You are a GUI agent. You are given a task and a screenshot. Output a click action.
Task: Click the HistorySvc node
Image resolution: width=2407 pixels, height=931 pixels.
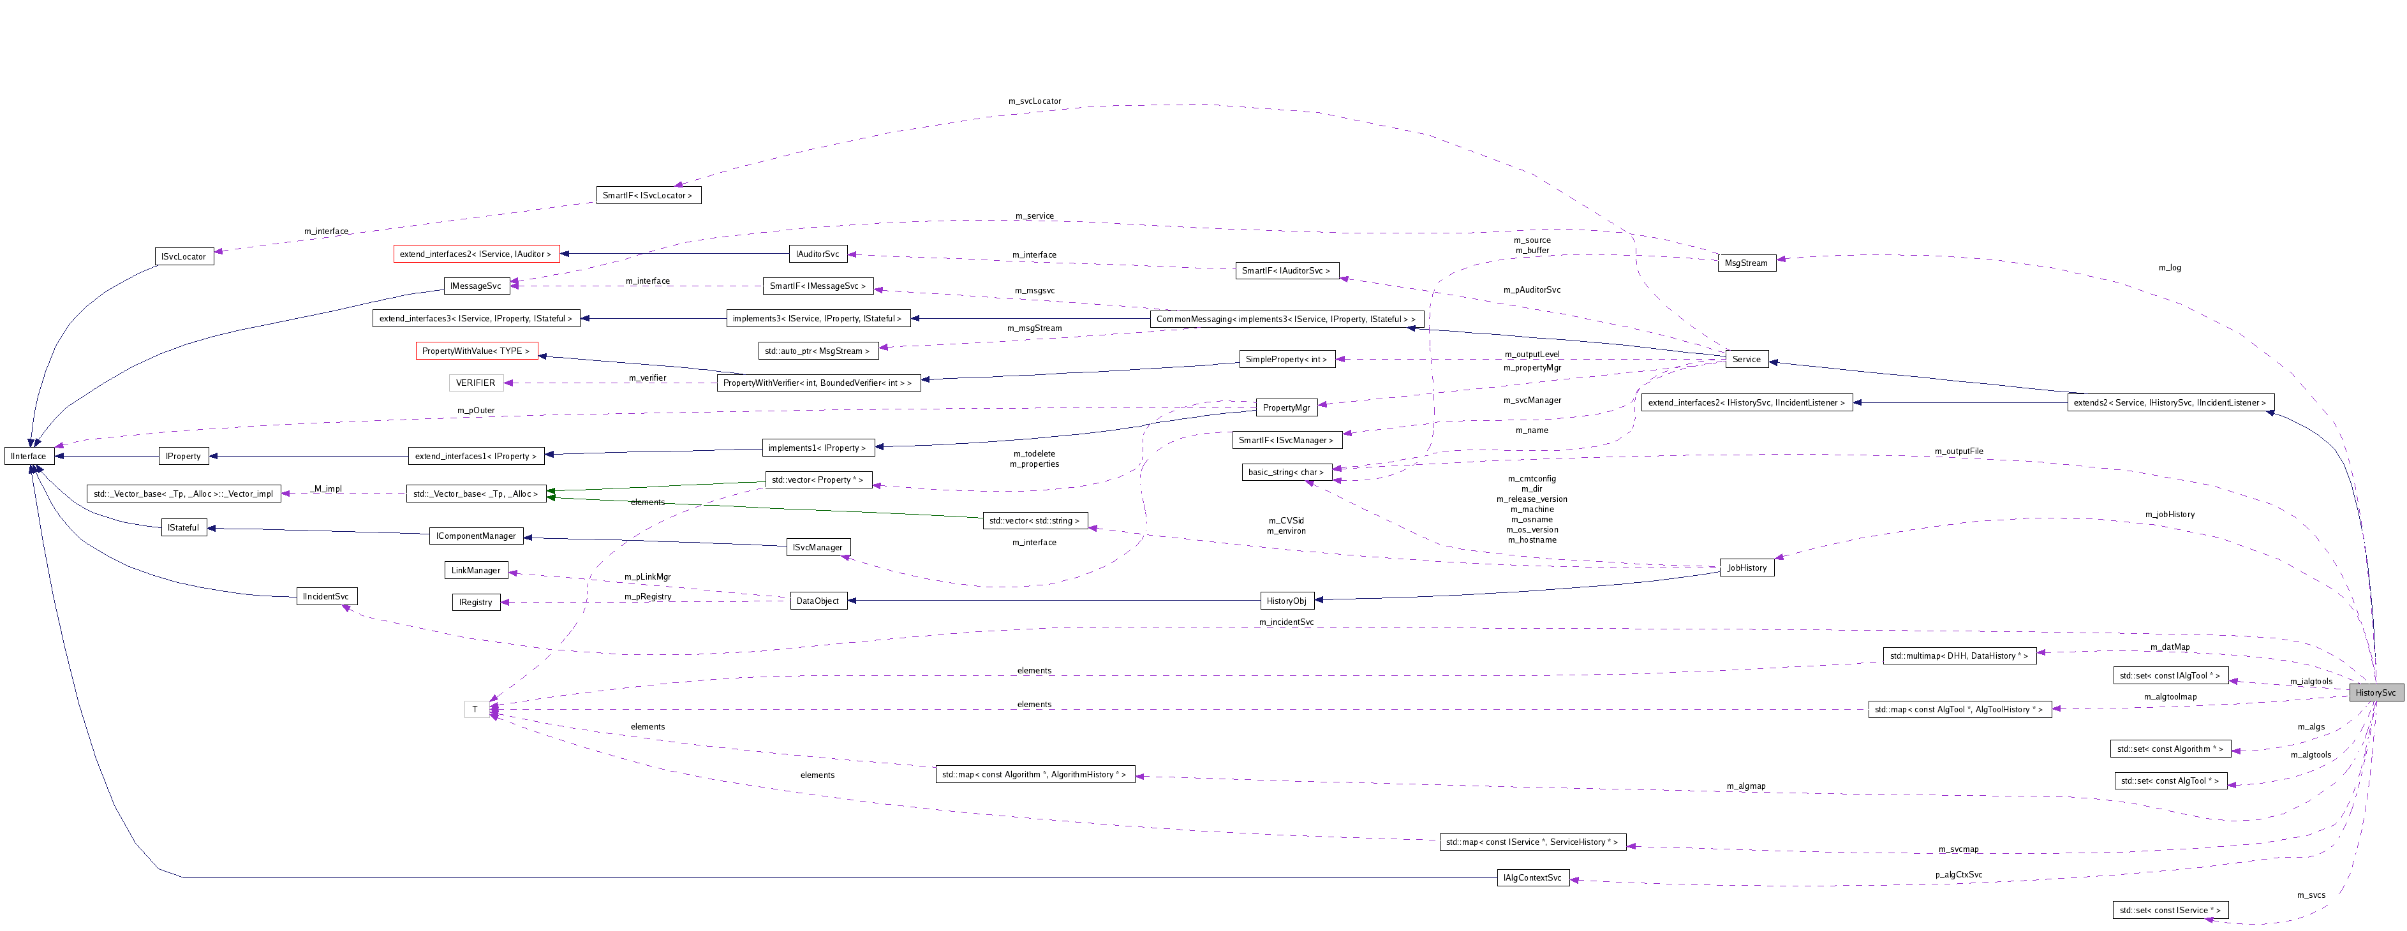click(2374, 692)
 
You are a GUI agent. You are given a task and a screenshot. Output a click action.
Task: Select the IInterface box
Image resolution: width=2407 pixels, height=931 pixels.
click(29, 456)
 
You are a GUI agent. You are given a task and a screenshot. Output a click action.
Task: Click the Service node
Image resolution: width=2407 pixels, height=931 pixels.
click(1745, 358)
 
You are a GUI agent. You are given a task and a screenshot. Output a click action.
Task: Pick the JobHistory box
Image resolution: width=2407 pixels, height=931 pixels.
click(1746, 568)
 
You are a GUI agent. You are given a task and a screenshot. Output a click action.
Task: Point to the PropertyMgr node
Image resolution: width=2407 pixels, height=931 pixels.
click(1285, 407)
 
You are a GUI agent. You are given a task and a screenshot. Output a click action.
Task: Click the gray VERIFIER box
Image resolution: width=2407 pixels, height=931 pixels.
click(476, 383)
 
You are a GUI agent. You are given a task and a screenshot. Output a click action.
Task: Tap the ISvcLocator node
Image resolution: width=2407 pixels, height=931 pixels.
click(183, 256)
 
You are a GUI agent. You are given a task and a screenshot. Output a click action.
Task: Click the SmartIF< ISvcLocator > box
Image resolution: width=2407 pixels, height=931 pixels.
click(648, 195)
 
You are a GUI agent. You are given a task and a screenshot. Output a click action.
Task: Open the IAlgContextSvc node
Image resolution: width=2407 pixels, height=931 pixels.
click(1532, 878)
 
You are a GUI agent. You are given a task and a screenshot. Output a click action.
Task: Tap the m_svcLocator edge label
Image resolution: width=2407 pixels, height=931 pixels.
click(1034, 101)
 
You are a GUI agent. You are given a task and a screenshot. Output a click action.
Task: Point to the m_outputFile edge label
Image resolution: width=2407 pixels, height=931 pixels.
click(1959, 451)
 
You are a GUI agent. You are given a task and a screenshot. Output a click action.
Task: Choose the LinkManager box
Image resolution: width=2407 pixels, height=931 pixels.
click(476, 569)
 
